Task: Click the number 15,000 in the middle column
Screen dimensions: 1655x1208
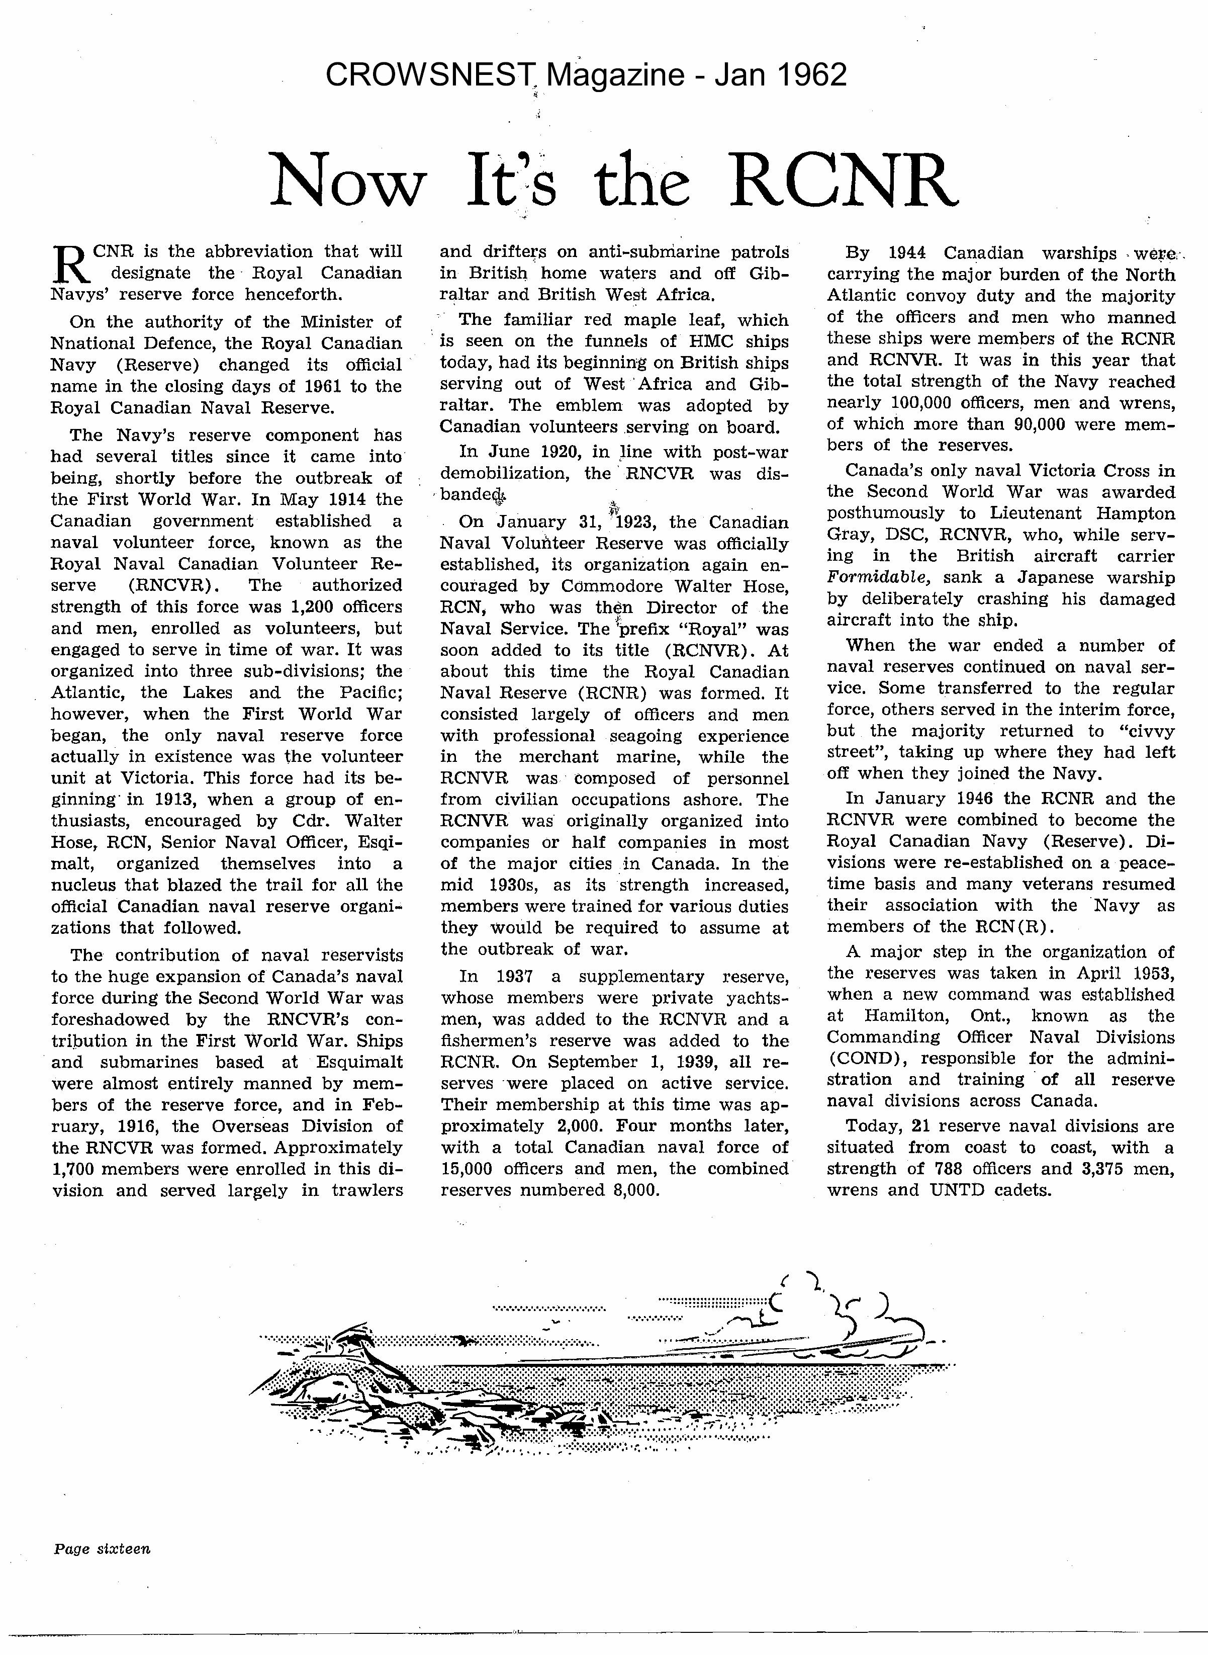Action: point(470,1169)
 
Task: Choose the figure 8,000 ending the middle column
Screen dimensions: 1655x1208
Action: point(632,1190)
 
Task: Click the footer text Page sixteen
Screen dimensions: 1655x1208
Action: point(102,1548)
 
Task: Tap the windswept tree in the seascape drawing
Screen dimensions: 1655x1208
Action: point(358,1338)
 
